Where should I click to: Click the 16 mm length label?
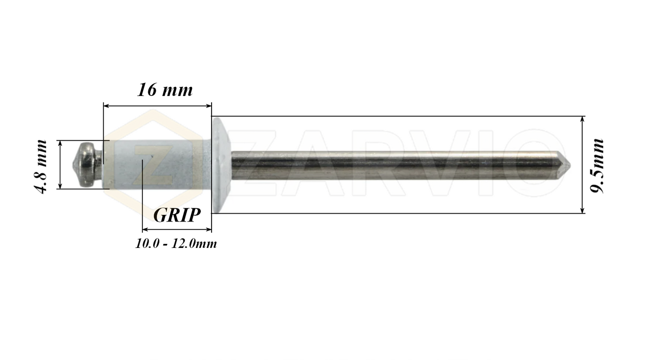click(x=164, y=90)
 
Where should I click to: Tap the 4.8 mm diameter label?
click(x=41, y=166)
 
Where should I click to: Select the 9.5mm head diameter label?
click(x=597, y=166)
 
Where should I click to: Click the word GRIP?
click(x=177, y=215)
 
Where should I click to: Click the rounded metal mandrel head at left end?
click(x=87, y=164)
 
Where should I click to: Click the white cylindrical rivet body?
click(x=156, y=164)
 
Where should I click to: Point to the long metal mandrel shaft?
click(x=393, y=165)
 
